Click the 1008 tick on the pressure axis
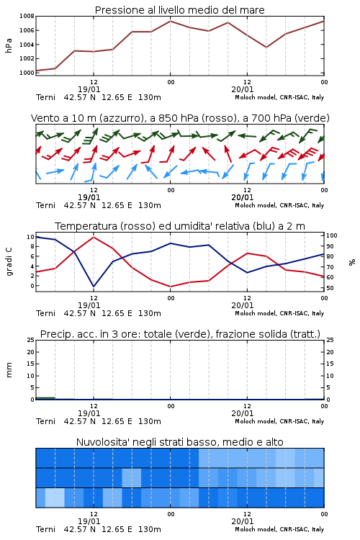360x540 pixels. tap(27, 16)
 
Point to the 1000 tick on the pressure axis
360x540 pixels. tap(27, 73)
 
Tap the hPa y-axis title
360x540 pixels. tap(9, 45)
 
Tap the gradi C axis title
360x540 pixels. tap(9, 261)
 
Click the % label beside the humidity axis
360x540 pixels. tap(352, 262)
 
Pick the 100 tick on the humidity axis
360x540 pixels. tap(332, 235)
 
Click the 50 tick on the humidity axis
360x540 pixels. tap(330, 288)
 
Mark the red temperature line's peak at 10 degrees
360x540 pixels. tap(94, 237)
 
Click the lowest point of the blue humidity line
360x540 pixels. tap(94, 287)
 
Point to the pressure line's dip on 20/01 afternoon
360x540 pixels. tap(266, 48)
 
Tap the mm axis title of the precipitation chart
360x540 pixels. tap(9, 370)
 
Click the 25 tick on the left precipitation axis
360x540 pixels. tap(31, 340)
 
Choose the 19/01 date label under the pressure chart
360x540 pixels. tap(89, 89)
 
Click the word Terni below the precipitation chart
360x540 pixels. tap(46, 421)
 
